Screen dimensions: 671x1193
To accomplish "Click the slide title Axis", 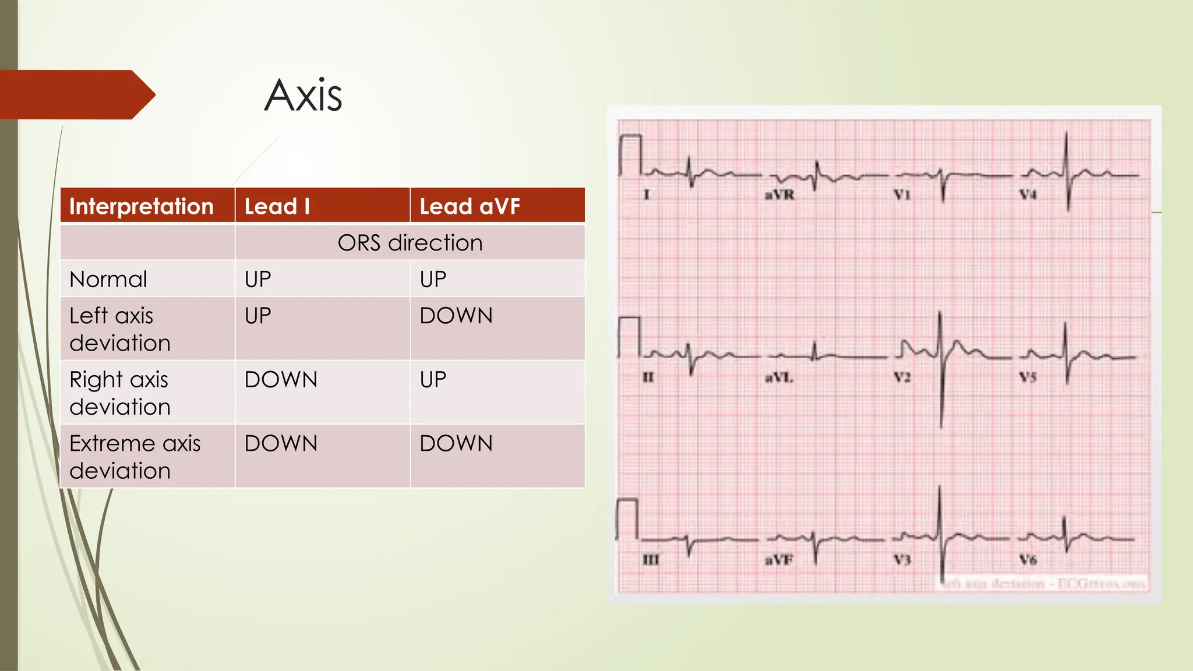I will point(303,95).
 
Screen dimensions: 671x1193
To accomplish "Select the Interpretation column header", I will point(141,206).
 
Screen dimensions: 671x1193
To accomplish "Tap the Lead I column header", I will point(277,206).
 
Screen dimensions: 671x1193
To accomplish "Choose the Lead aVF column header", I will point(470,206).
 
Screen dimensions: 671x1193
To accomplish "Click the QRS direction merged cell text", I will point(410,243).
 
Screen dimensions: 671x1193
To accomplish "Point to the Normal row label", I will point(108,280).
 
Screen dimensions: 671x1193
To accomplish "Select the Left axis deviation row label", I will point(119,329).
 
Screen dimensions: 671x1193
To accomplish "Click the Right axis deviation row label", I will point(119,393).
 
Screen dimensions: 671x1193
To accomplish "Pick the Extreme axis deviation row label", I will point(135,457).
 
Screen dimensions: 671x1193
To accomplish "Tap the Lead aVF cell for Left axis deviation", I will point(456,316).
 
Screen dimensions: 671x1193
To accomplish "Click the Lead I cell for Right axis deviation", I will point(281,380).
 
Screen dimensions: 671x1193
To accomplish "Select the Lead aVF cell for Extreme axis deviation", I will point(456,444).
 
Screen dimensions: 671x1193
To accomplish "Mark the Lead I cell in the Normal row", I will point(257,280).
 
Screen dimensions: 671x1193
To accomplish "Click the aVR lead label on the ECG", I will point(779,195).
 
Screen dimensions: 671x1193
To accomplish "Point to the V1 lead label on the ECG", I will point(902,195).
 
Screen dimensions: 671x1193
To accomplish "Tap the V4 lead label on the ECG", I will point(1028,195).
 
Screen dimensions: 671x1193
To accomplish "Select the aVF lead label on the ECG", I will point(779,560).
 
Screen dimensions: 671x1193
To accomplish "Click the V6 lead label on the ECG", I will point(1028,560).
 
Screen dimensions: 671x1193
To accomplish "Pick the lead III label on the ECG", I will point(651,560).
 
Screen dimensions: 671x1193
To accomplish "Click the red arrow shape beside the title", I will point(76,94).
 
